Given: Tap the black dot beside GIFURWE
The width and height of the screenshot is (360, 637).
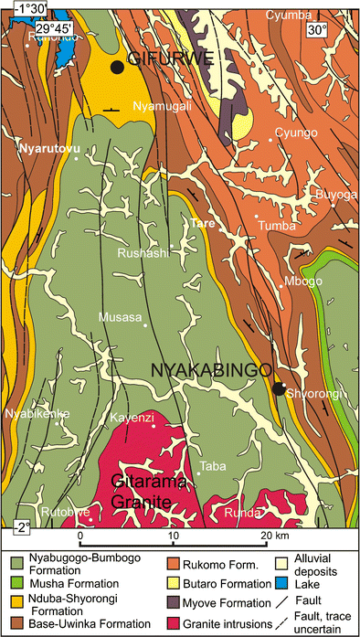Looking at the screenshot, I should [x=116, y=67].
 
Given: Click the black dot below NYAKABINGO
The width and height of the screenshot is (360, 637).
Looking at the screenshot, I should [x=278, y=388].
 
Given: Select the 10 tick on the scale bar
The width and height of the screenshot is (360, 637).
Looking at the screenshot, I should [x=174, y=534].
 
